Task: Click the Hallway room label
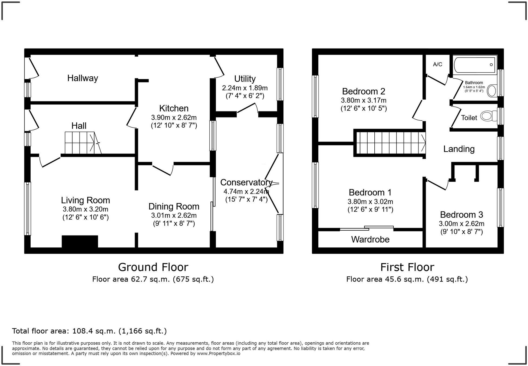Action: [x=82, y=78]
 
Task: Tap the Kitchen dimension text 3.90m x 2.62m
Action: [x=174, y=117]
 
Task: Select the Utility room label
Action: [x=245, y=79]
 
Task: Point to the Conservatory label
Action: [x=246, y=182]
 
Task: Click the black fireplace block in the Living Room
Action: [x=80, y=241]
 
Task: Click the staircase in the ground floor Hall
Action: [x=81, y=143]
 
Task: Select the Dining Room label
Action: [x=174, y=207]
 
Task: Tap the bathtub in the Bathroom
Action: [x=474, y=65]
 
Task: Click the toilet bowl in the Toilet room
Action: [x=487, y=116]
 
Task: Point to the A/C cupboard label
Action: [x=437, y=64]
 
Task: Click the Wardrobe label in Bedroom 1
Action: [x=370, y=239]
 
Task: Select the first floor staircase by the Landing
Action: [x=390, y=143]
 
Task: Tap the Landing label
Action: [x=459, y=149]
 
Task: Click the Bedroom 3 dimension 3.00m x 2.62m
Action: [x=461, y=224]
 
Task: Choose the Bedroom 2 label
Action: [x=363, y=91]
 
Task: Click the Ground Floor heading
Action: [x=153, y=267]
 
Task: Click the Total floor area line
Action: [x=89, y=331]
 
